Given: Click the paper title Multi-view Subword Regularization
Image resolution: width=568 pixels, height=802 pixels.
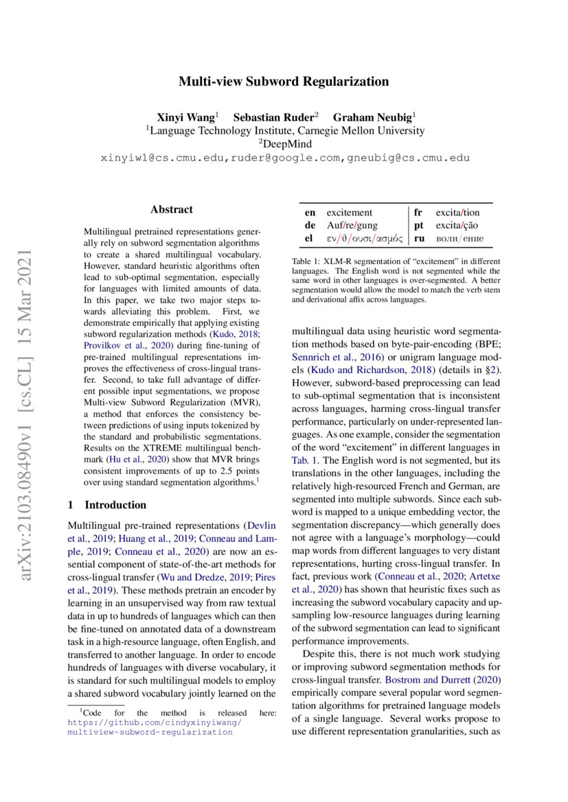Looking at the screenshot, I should (284, 82).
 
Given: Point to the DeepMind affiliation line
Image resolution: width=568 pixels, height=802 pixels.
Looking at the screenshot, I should (284, 144).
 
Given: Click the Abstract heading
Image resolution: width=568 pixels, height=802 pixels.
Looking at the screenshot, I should (171, 210).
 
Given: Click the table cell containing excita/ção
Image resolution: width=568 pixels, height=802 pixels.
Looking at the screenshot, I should (457, 226).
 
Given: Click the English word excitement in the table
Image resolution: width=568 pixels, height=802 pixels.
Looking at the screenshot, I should (349, 213).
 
